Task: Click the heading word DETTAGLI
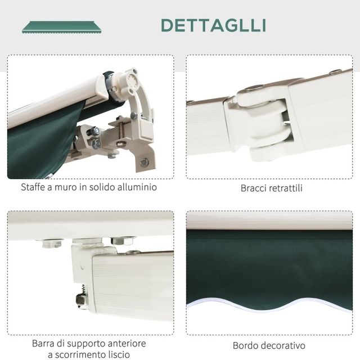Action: pos(213,25)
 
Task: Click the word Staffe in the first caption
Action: pos(34,187)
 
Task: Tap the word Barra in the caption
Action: pos(44,343)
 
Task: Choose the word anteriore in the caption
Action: pos(125,343)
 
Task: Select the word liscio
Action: pos(120,354)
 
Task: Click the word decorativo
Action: pos(282,345)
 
